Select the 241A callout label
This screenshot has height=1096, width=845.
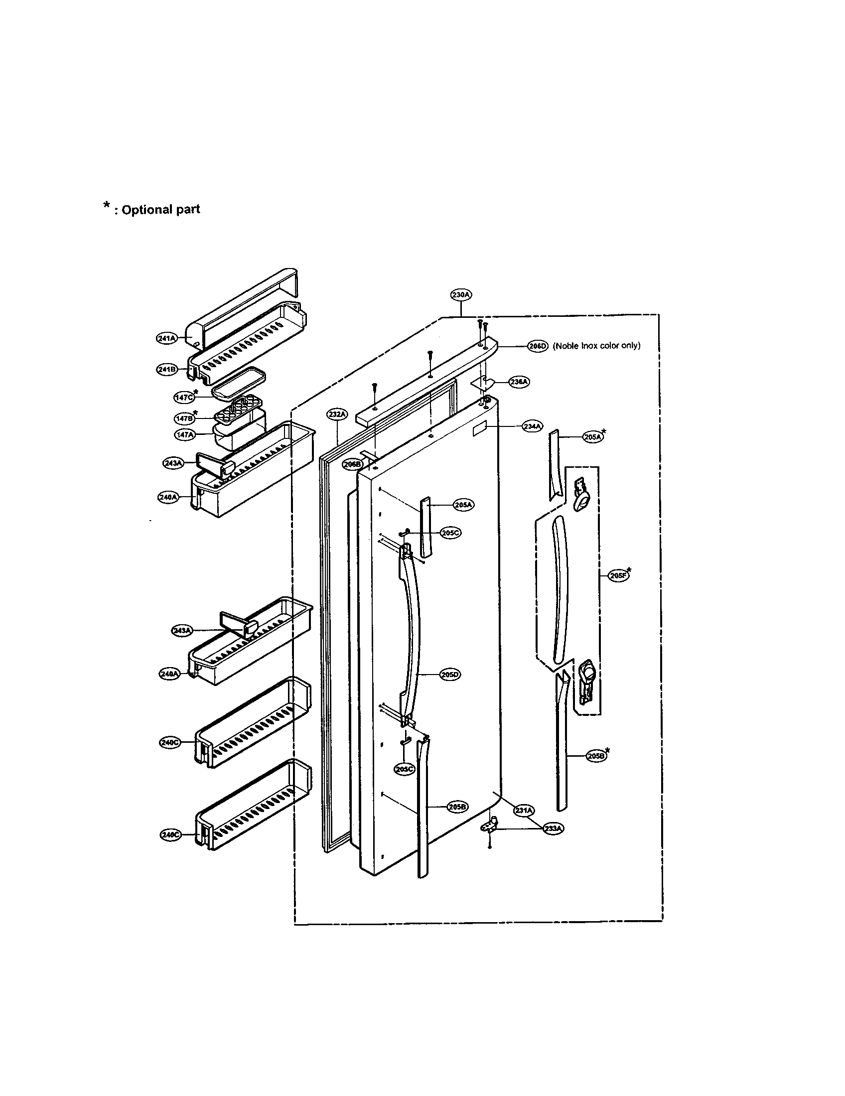point(166,338)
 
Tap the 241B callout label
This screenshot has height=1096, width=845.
point(166,369)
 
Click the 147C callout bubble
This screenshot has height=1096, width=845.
point(184,397)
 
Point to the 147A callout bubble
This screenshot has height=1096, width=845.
point(184,434)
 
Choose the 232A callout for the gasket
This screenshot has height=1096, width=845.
point(337,414)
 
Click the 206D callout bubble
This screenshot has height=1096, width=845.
point(538,346)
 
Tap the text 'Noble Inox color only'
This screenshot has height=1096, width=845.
point(596,346)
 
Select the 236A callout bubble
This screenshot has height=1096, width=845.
point(519,382)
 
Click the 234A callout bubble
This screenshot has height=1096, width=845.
point(533,426)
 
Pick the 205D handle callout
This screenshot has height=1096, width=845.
point(449,675)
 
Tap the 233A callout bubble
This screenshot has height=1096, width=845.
point(553,828)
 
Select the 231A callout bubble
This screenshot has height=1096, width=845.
point(524,810)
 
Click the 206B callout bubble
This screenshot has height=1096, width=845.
point(352,464)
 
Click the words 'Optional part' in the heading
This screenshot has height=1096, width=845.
point(160,209)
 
